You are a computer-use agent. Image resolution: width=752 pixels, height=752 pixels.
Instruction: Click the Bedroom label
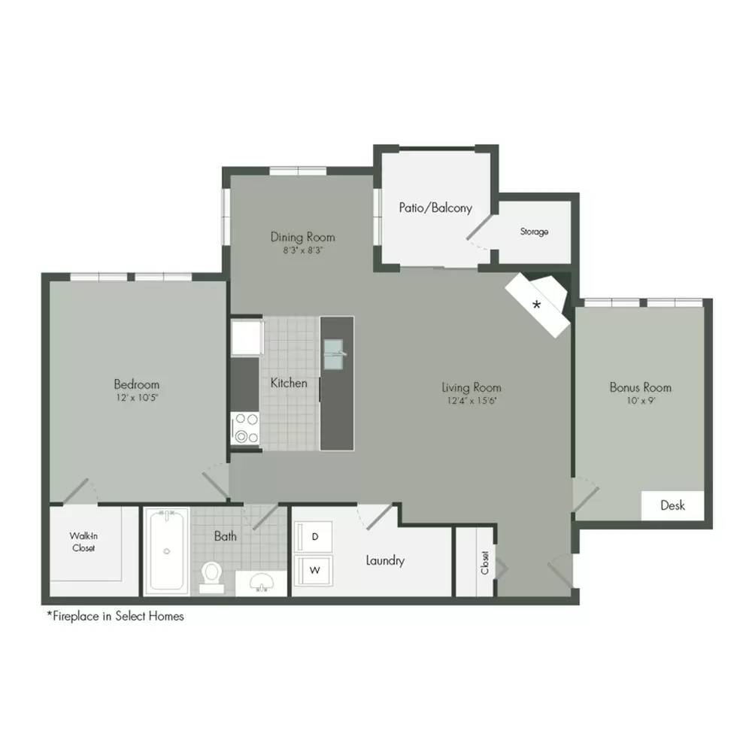coord(137,384)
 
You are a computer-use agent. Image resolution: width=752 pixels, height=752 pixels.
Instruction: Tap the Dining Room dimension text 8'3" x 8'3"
coord(302,250)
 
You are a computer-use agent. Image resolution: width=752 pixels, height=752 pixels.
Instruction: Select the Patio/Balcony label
coord(435,208)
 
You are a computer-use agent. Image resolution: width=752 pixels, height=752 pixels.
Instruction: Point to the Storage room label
coord(534,232)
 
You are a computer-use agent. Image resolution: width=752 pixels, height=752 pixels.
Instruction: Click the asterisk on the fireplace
coord(537,305)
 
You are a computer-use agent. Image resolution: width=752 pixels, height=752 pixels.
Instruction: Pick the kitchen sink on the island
coord(334,354)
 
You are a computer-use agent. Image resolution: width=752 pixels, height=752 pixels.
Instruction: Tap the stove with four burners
coord(245,429)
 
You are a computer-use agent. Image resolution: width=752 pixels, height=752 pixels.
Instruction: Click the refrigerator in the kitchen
coord(247,338)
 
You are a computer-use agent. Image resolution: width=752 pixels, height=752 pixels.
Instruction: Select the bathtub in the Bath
coord(166,550)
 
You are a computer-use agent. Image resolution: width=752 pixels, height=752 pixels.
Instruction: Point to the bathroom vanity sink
coord(262,582)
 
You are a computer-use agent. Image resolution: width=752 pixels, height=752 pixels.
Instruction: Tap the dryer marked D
coord(313,537)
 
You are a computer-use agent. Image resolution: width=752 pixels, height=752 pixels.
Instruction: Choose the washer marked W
coord(313,570)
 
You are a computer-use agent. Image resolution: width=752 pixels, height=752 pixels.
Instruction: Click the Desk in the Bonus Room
coord(672,505)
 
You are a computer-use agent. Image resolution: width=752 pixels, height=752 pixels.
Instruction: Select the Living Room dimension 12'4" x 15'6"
coord(472,401)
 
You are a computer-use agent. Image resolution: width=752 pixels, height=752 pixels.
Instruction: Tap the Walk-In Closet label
coord(83,542)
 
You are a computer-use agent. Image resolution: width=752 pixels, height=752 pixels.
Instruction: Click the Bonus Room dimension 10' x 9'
coord(641,401)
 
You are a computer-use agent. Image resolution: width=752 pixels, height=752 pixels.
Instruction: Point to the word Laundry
coord(385,561)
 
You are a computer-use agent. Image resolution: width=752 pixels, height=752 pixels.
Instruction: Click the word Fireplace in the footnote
coord(76,617)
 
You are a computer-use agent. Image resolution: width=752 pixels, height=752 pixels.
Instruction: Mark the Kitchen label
coord(289,383)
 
